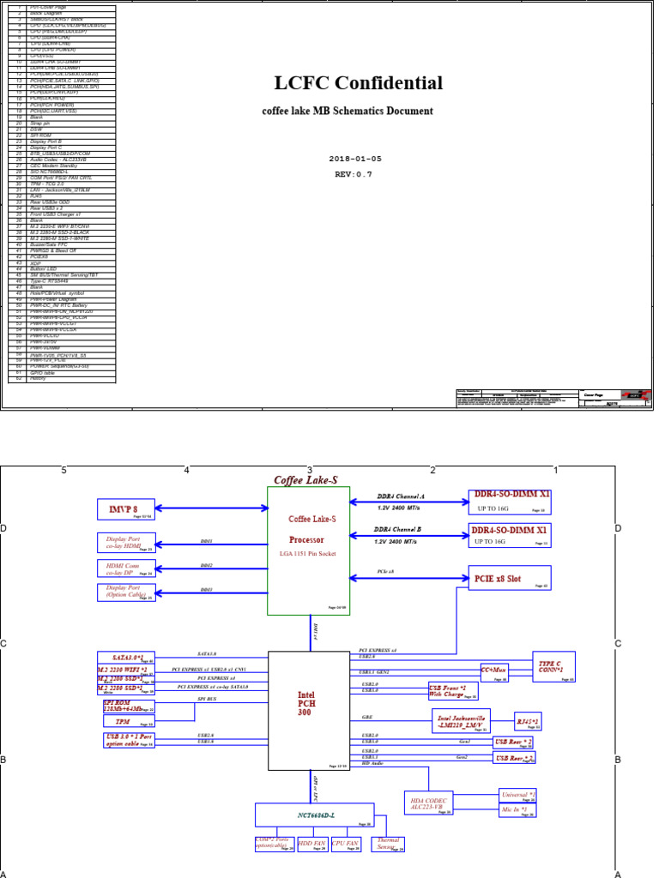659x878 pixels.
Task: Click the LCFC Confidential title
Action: [x=358, y=83]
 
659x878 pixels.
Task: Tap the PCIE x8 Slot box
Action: [x=509, y=579]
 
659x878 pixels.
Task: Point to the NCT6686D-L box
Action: [x=314, y=814]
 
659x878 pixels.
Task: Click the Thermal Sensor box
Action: [x=388, y=845]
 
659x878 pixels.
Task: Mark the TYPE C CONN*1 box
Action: [x=553, y=666]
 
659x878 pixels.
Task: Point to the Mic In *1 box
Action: [x=517, y=809]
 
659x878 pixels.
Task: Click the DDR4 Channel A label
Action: [x=401, y=496]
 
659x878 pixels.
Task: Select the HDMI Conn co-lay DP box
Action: [x=125, y=568]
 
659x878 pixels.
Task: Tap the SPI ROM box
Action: [x=125, y=706]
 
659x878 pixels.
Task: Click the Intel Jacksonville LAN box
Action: [x=461, y=720]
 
